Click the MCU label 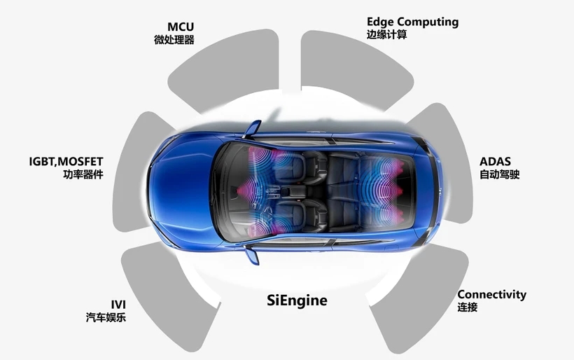[x=180, y=27]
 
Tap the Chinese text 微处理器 [x=174, y=40]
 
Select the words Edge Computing [x=412, y=22]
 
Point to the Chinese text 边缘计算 [x=386, y=34]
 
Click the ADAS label [x=495, y=162]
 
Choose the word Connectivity [x=491, y=294]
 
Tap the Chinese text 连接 [x=467, y=307]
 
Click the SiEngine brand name [x=297, y=301]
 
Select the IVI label [x=118, y=304]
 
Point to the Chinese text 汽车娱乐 [x=106, y=318]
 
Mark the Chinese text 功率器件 [x=83, y=174]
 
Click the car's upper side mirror [x=253, y=128]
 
